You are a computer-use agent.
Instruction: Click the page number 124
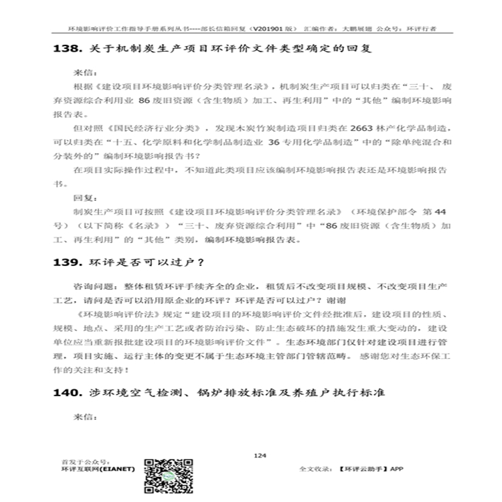coord(258,455)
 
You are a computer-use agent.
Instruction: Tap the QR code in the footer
coord(166,473)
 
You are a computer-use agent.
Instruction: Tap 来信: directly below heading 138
coord(82,71)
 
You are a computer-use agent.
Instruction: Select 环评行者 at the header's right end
coord(422,30)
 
